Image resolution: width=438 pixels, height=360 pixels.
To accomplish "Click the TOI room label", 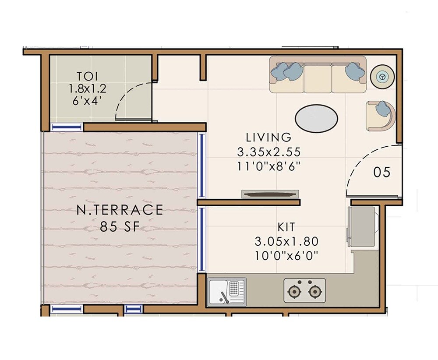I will point(88,75).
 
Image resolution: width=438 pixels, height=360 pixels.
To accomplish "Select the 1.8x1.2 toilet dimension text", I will point(88,88).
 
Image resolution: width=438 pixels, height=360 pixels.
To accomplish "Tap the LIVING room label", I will point(268,138).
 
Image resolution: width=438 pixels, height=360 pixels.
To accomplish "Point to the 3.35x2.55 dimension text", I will point(268,152).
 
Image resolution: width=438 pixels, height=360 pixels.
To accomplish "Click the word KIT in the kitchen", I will point(286,227).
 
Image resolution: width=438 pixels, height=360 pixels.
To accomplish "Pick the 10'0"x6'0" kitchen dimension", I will point(286,255).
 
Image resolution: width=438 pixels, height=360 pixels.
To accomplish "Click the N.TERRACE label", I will point(120,210).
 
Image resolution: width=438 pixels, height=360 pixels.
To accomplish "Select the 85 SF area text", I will point(120,227).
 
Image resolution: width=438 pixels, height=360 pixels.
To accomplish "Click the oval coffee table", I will point(316,118).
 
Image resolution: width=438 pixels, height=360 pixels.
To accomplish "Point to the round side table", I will point(383,77).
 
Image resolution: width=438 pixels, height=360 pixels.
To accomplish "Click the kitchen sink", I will point(227,291).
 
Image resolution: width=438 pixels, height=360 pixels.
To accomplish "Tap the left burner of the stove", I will point(293,291).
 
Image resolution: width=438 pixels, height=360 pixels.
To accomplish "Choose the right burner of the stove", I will point(314,291).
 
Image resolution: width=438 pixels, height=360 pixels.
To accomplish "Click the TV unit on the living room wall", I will point(270,194).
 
